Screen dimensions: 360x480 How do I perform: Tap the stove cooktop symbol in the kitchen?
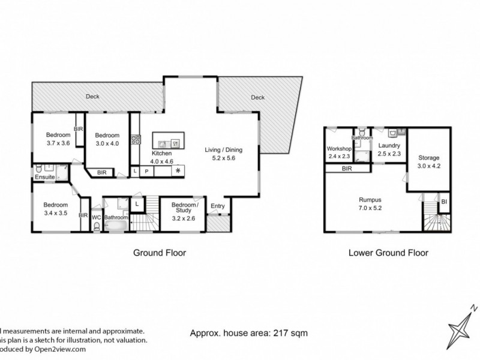pyautogui.click(x=136, y=141)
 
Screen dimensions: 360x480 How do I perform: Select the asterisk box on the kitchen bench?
pyautogui.click(x=178, y=171)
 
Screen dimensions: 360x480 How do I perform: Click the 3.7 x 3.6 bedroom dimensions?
pyautogui.click(x=58, y=143)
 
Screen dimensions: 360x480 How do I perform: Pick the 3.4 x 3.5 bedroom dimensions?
pyautogui.click(x=56, y=212)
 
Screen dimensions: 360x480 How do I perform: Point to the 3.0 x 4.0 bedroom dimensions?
pyautogui.click(x=107, y=143)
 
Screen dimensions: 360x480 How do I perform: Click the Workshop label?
pyautogui.click(x=338, y=148)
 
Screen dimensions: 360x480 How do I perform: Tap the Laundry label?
pyautogui.click(x=389, y=145)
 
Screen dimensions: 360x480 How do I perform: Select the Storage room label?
pyautogui.click(x=428, y=158)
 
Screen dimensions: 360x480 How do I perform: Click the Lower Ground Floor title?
pyautogui.click(x=388, y=253)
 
